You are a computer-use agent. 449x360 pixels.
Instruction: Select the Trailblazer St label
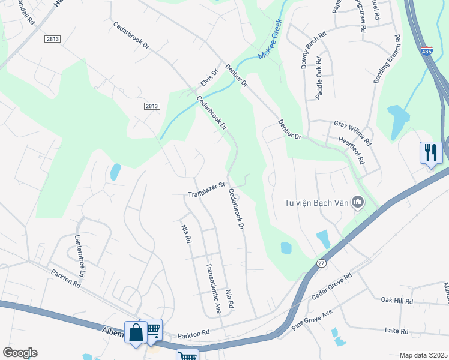(x=206, y=190)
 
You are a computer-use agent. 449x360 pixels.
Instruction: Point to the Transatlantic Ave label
(x=214, y=289)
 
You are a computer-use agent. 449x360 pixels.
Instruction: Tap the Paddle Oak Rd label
(x=319, y=78)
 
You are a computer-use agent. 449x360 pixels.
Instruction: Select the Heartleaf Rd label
(x=352, y=151)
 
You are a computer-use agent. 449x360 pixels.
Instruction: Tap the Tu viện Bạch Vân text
(x=317, y=203)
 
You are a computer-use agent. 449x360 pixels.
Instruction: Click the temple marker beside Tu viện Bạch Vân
(x=359, y=202)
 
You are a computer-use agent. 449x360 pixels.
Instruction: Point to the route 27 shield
(x=321, y=263)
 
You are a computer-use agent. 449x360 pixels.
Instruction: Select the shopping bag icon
(x=136, y=332)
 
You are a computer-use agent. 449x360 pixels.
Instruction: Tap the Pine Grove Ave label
(x=312, y=321)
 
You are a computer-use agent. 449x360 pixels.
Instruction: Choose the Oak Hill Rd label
(x=397, y=301)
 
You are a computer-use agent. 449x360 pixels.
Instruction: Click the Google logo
(x=20, y=353)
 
